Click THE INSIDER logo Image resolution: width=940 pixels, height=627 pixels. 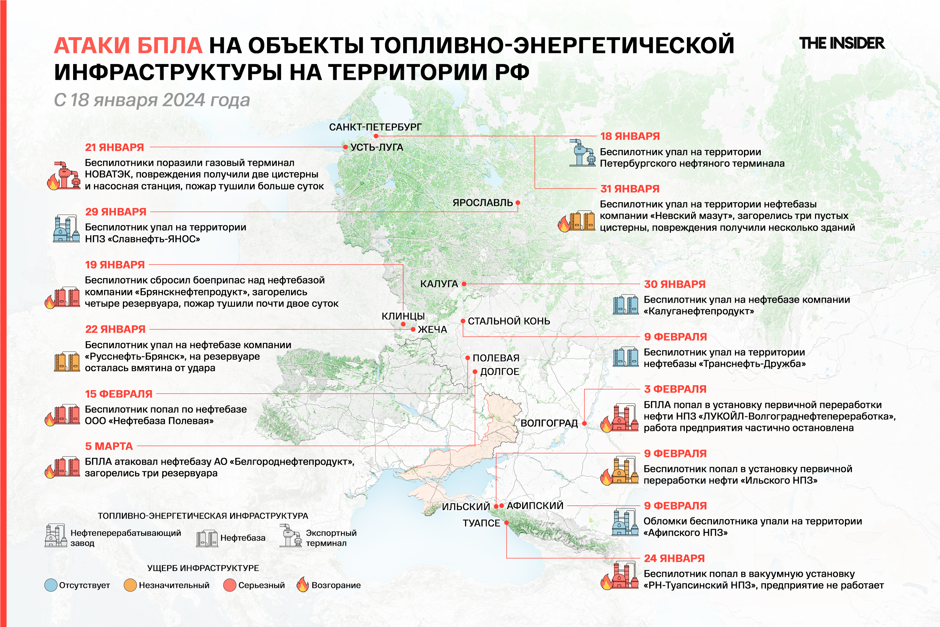coord(842,43)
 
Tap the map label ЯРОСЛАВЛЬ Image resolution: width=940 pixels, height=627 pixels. coord(483,203)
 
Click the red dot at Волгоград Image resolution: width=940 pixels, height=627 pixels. coord(584,423)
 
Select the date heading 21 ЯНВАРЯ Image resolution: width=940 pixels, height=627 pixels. coord(114,147)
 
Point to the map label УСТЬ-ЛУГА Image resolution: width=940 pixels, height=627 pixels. coord(376,147)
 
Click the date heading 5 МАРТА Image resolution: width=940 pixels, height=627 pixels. coord(109,446)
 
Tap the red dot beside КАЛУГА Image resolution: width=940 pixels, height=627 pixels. coord(464,284)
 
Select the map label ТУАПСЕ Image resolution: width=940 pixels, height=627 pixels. coord(481,523)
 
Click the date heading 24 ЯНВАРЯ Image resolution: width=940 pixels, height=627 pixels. coord(674,558)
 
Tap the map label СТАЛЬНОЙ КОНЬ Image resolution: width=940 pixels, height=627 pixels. coord(509,321)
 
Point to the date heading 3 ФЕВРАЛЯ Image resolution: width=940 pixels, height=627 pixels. coord(675,389)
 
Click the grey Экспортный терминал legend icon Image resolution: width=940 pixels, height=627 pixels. coord(291,536)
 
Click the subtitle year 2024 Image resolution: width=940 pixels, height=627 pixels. coord(183,100)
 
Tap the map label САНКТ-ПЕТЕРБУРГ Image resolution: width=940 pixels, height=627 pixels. coord(375,127)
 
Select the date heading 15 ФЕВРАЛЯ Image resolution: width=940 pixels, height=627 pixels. coord(119,394)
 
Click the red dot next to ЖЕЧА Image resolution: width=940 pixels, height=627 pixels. coord(413,330)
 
